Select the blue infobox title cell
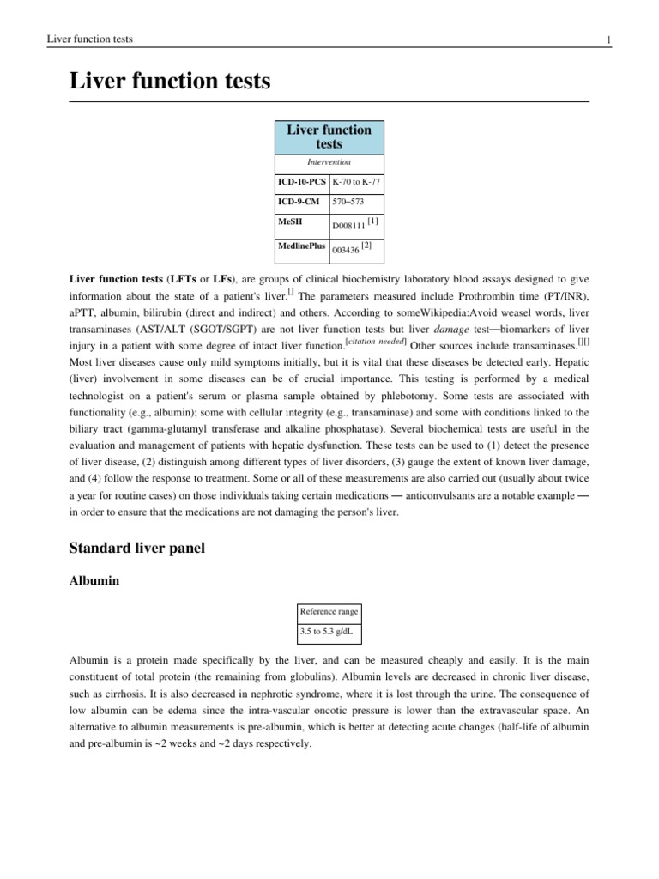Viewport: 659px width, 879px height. (x=329, y=136)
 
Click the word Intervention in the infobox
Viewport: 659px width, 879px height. (x=329, y=161)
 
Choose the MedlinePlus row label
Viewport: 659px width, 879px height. (x=300, y=246)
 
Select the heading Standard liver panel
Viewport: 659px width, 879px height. (x=136, y=548)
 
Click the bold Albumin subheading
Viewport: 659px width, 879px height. (x=94, y=581)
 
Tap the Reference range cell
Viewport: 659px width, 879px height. (x=328, y=612)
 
